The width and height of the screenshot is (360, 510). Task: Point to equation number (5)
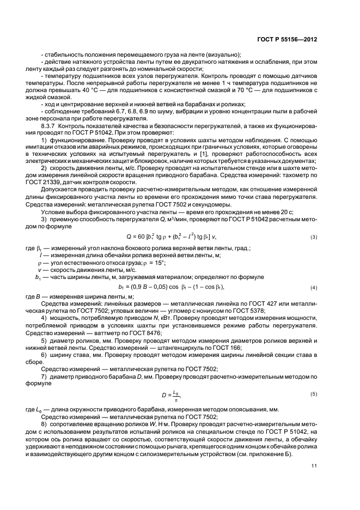314,393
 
